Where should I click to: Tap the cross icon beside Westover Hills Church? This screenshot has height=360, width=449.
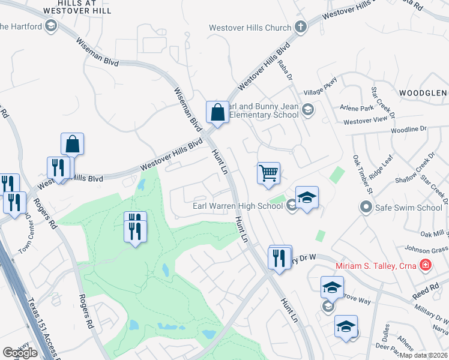[300, 27]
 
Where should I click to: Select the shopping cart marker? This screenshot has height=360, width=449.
[268, 173]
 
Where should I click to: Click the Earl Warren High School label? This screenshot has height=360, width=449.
[237, 206]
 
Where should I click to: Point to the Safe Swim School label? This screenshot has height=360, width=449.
[409, 208]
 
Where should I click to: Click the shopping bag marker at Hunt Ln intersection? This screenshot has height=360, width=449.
[217, 112]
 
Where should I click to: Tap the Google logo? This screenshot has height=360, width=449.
[20, 353]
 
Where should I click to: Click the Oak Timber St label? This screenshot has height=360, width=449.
[363, 174]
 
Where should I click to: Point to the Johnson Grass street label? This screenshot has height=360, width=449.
[428, 249]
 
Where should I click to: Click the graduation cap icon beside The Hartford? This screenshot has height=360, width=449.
[52, 26]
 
